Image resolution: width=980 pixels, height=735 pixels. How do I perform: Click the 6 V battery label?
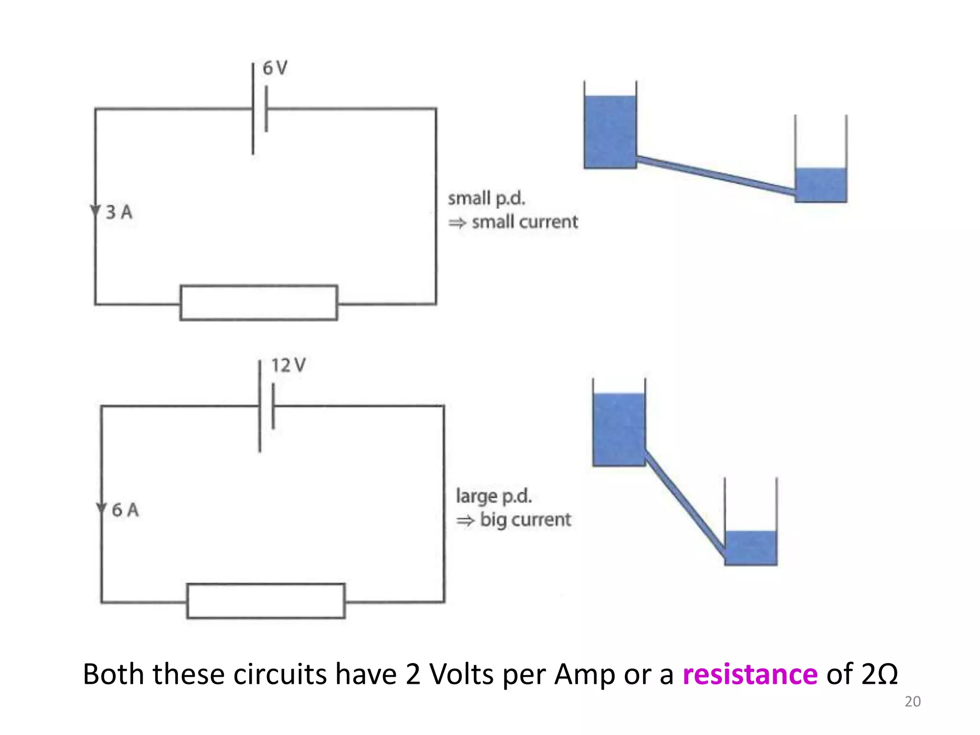coord(275,68)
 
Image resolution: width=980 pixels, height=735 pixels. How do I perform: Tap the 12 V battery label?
coord(288,366)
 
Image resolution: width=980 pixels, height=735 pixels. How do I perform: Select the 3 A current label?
coord(119,212)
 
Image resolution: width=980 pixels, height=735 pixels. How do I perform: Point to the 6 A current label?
coord(125,510)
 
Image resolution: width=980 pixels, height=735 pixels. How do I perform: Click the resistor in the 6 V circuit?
coord(258,303)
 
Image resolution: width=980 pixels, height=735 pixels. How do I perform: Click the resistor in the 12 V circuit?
coord(266,601)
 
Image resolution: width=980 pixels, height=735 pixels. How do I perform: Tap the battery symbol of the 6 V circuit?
coord(259,109)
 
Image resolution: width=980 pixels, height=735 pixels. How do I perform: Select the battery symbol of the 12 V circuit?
coord(266,407)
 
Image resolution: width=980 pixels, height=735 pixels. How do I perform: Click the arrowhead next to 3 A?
coord(95,211)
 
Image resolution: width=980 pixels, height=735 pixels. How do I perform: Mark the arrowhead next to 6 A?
coord(101,508)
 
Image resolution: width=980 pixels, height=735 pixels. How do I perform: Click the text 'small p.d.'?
coord(486,199)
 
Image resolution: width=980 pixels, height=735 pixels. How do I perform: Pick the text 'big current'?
coord(525,520)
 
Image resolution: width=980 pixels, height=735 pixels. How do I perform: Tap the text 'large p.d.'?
coord(493,496)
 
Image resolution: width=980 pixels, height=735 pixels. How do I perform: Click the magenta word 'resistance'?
coord(750,674)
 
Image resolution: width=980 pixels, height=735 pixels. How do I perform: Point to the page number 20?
coord(912,702)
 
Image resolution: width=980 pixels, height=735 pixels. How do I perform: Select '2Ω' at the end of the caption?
coord(879,674)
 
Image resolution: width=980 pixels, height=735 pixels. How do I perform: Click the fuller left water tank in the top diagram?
coord(610,132)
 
